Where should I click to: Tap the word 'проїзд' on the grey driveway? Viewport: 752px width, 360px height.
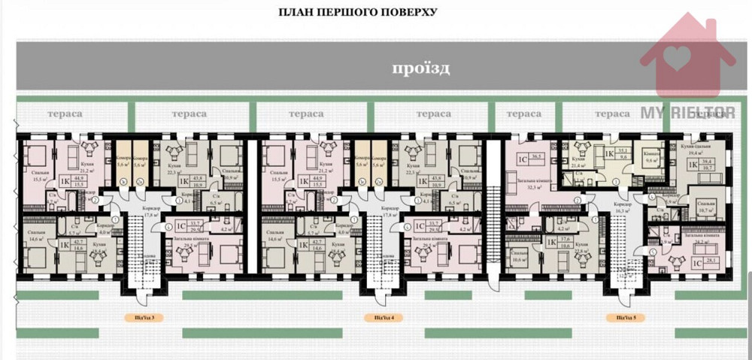pos(420,69)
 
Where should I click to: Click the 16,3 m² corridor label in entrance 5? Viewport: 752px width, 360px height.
pos(621,210)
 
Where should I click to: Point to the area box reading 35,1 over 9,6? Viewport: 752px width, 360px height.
pos(623,153)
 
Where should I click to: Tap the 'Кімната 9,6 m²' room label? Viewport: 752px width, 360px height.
pos(652,156)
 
